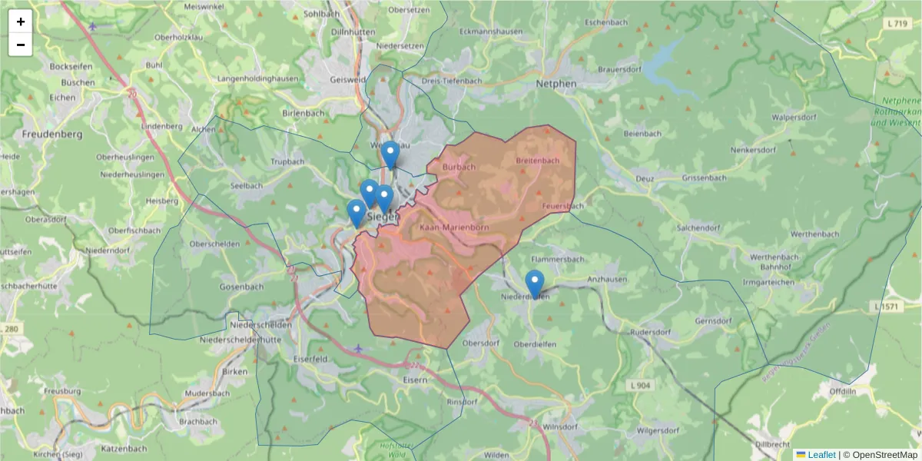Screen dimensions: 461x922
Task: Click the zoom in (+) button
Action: [x=21, y=22]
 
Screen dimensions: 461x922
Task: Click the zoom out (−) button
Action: [x=21, y=45]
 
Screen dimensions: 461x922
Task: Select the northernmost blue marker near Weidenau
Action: [x=391, y=154]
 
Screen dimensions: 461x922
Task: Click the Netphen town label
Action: [x=556, y=82]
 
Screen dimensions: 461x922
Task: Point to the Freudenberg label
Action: [x=52, y=134]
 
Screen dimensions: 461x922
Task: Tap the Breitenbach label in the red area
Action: [x=538, y=161]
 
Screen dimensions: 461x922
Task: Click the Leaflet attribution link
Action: [x=821, y=455]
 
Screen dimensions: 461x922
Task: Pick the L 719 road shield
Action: [x=897, y=25]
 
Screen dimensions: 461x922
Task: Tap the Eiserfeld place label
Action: [x=311, y=359]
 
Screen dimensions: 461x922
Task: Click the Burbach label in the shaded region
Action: [x=459, y=167]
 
